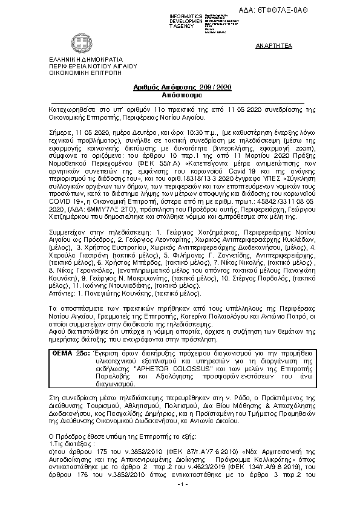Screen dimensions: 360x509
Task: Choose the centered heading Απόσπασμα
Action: [x=179, y=96]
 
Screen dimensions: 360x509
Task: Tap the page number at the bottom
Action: [x=180, y=501]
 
